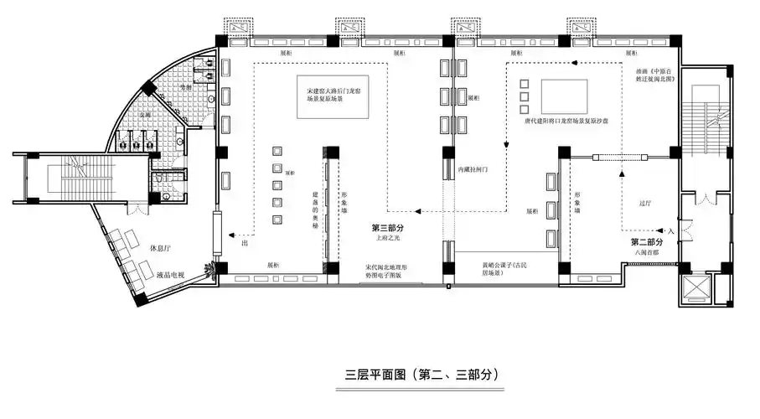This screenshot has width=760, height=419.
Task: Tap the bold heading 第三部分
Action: [x=388, y=228]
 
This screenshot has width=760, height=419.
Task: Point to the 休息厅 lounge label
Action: [x=160, y=249]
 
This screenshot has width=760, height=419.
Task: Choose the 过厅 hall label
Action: [x=645, y=203]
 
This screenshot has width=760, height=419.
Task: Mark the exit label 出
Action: [x=245, y=244]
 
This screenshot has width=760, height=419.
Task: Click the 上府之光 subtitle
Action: [x=388, y=239]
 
